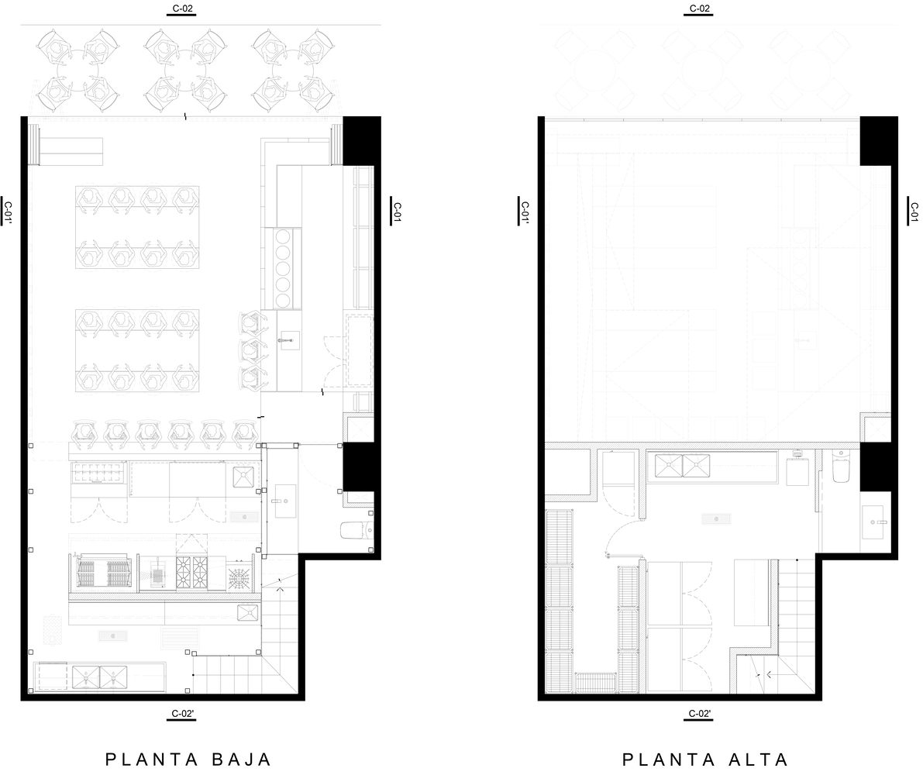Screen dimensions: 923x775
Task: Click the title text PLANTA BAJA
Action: [188, 759]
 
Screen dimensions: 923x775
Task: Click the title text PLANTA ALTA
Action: [705, 759]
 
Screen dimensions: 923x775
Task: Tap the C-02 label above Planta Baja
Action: [182, 9]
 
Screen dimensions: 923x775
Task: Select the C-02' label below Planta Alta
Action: [699, 714]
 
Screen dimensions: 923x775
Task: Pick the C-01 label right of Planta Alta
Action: [914, 212]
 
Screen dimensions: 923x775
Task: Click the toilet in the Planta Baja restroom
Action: [356, 530]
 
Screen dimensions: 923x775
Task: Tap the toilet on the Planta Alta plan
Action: [841, 466]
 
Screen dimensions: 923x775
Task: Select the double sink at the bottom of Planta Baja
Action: [99, 677]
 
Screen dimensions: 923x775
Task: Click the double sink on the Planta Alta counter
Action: [682, 465]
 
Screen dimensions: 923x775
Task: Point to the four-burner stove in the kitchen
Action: [192, 573]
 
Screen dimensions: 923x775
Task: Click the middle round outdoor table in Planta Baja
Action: [185, 71]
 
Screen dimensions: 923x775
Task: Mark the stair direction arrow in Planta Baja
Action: [281, 589]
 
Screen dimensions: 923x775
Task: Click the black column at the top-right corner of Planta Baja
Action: [361, 140]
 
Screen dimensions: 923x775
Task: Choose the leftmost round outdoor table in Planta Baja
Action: [77, 71]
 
